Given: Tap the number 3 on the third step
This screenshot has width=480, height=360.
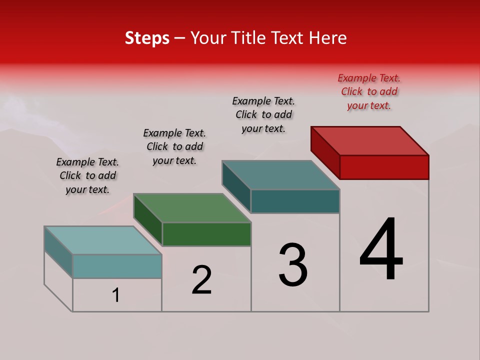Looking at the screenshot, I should click(292, 264).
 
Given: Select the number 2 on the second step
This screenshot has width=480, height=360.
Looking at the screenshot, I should click(201, 279).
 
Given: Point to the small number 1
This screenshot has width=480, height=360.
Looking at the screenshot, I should click(116, 295).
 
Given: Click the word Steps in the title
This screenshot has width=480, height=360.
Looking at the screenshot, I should click(147, 38).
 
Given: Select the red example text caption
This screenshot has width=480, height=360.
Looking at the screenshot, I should click(369, 91).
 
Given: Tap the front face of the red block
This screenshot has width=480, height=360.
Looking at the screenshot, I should click(384, 167).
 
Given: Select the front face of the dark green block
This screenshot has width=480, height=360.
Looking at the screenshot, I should click(206, 234).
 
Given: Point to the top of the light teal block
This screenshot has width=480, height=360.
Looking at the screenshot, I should click(103, 240).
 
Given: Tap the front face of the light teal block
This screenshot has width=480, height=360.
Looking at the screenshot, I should click(117, 266).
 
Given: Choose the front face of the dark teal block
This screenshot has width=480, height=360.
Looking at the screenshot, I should click(295, 201).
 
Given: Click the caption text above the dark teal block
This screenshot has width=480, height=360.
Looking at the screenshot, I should click(263, 114).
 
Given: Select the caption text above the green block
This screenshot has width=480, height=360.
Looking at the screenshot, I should click(174, 146).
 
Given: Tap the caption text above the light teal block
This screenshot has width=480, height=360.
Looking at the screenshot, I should click(87, 175).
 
